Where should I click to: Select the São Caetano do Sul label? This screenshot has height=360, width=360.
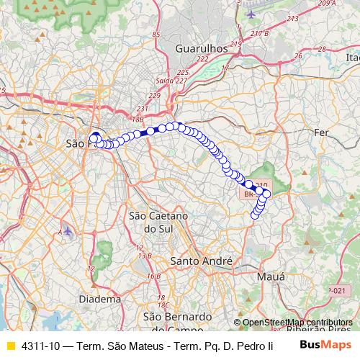tap(158, 222)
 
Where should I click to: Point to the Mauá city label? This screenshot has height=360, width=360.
tap(271, 276)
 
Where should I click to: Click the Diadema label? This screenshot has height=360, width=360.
tap(100, 298)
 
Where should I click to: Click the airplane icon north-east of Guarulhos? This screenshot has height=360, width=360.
tap(251, 14)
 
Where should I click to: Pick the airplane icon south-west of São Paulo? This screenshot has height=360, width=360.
tap(68, 230)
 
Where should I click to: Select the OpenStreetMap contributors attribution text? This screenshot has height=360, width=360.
tap(297, 322)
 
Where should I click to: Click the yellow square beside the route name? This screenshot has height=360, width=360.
tap(10, 346)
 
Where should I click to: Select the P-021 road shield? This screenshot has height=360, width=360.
tap(337, 289)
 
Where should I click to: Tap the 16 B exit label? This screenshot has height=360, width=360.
tap(153, 276)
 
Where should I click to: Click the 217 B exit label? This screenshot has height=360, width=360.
tap(259, 32)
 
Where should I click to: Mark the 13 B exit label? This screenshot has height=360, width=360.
tap(145, 255)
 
